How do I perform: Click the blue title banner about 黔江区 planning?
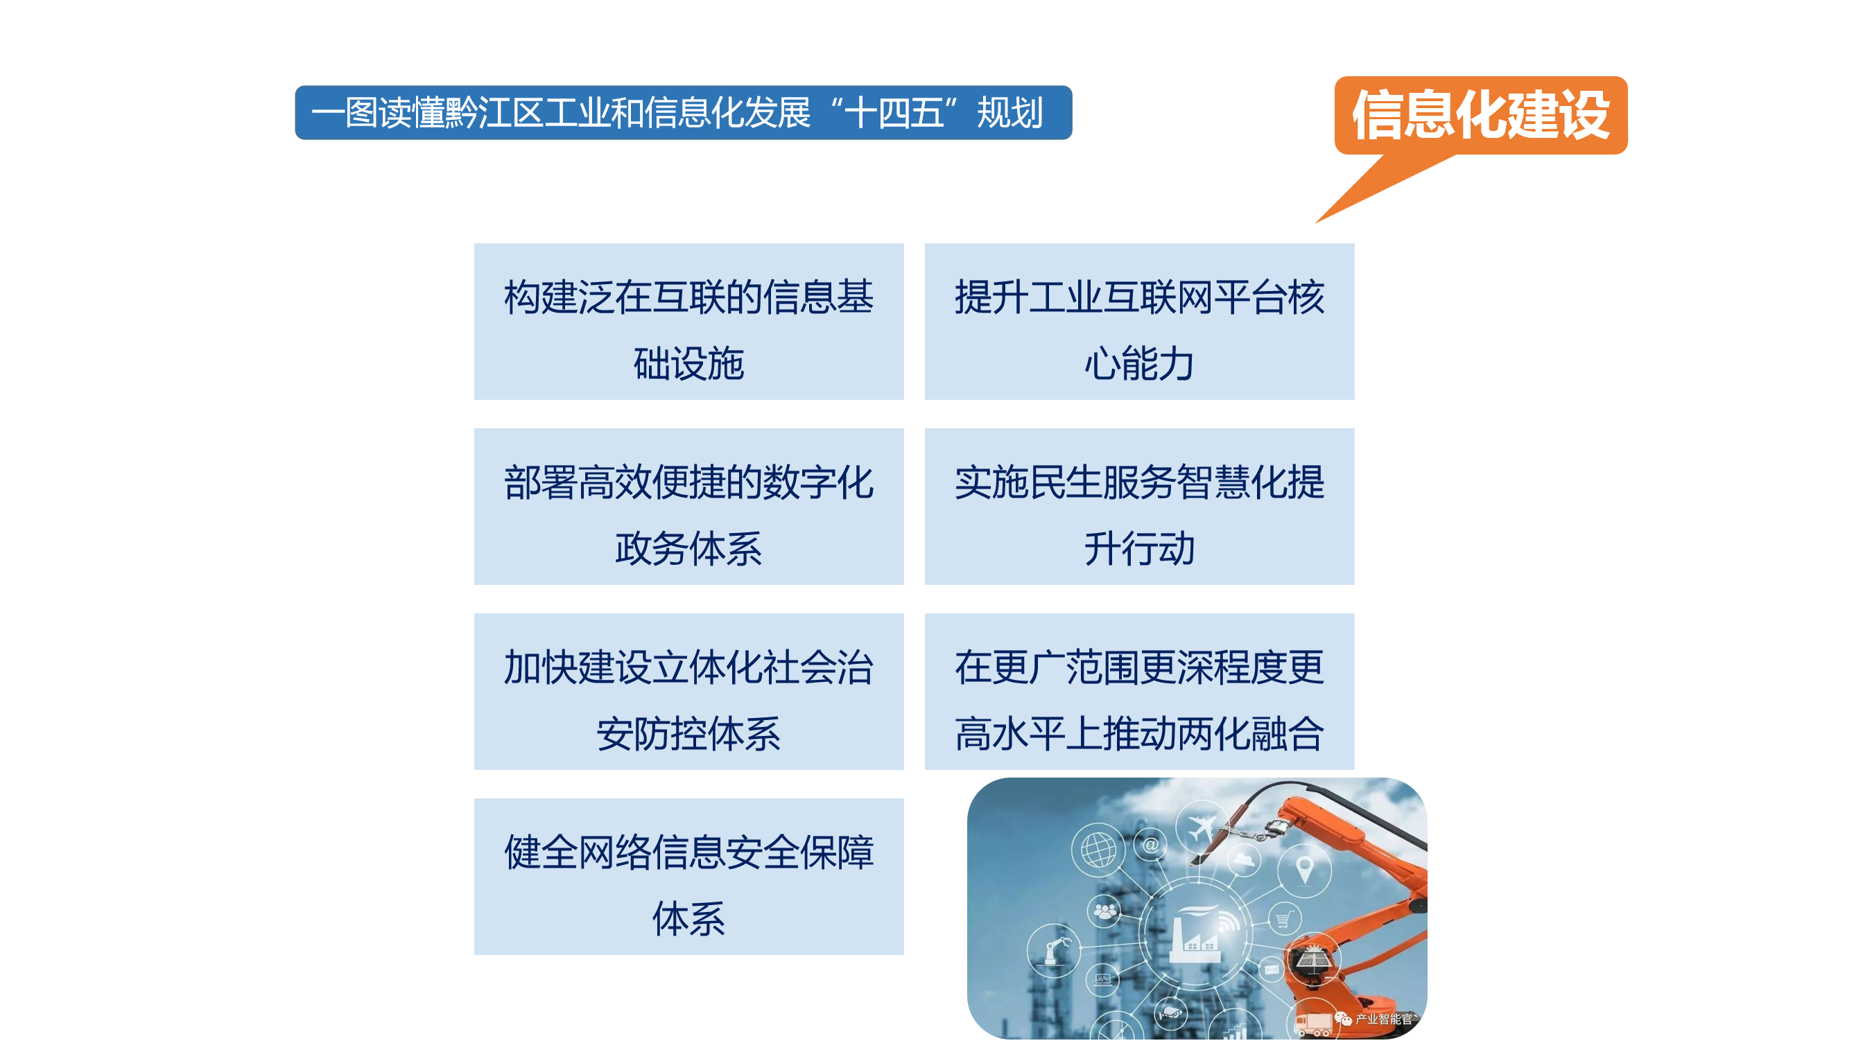[x=683, y=112]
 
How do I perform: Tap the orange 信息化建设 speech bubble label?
[x=1480, y=116]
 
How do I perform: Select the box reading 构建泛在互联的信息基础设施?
[x=689, y=321]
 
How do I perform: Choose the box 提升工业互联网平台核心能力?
[x=1139, y=321]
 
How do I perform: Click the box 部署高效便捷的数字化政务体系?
[x=689, y=507]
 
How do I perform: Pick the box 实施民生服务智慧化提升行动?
[x=1139, y=507]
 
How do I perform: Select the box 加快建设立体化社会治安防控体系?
[x=689, y=692]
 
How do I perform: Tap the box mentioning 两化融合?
[x=1139, y=692]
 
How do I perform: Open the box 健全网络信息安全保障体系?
[x=689, y=877]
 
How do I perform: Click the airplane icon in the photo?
[x=1202, y=827]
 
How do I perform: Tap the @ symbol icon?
[x=1151, y=845]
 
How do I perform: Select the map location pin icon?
[x=1304, y=869]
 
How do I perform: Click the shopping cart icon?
[x=1283, y=920]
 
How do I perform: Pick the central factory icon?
[x=1199, y=933]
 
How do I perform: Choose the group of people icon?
[x=1105, y=911]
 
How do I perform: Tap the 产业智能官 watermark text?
[x=1383, y=1019]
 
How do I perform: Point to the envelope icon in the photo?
[x=1271, y=969]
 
